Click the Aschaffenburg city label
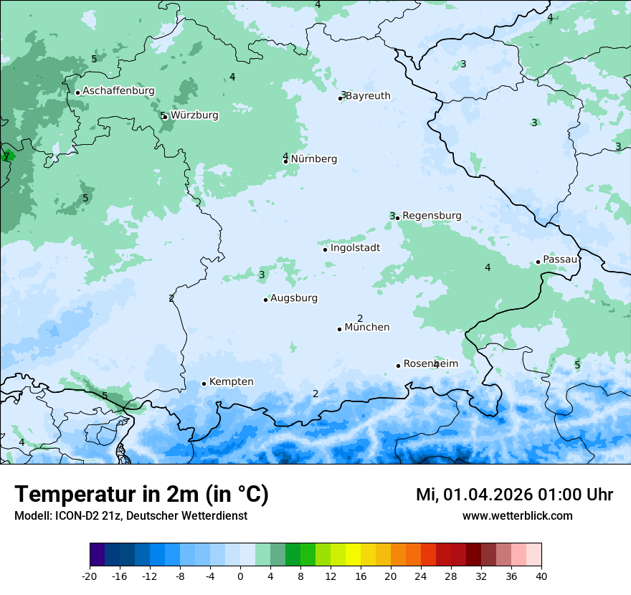click(118, 91)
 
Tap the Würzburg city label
click(194, 115)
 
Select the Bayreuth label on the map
click(369, 96)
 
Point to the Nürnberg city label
click(313, 159)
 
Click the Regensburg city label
click(432, 216)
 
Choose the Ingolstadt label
click(355, 248)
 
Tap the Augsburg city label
click(293, 298)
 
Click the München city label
click(367, 328)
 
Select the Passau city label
click(559, 260)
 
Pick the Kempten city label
click(231, 382)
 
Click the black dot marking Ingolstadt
click(325, 249)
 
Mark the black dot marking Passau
click(538, 262)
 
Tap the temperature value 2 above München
click(360, 318)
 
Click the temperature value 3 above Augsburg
click(262, 275)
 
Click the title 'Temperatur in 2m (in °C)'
click(141, 495)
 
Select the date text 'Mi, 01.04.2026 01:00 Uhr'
click(514, 495)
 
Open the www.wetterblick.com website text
click(517, 516)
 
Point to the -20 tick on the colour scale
click(90, 576)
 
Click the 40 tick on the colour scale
click(541, 576)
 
